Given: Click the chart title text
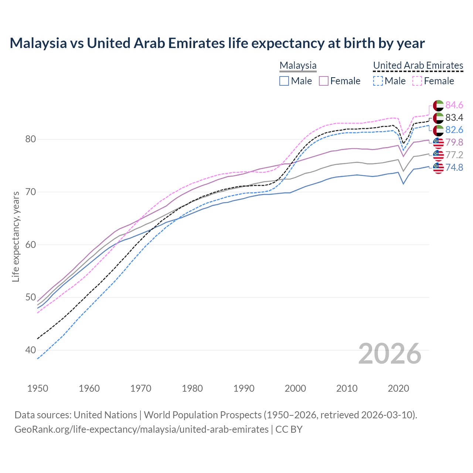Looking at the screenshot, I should click(x=217, y=43).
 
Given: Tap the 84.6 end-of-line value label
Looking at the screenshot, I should click(x=454, y=105).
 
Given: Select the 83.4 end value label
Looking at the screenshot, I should click(x=454, y=118).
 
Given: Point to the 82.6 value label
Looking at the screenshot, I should click(x=454, y=130).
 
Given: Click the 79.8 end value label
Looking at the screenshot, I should click(x=454, y=142).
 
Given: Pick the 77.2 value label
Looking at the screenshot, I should click(x=454, y=155).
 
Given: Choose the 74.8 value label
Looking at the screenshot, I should click(x=454, y=167).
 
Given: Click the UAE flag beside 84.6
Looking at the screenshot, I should click(x=438, y=105).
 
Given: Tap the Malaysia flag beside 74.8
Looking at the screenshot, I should click(x=438, y=168).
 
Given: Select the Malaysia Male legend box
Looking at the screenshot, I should click(x=284, y=81).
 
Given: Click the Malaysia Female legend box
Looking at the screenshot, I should click(x=324, y=81).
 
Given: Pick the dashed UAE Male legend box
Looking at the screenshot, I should click(x=378, y=81).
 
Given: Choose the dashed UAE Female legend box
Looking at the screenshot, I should click(x=417, y=81).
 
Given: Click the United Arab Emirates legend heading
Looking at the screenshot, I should click(x=418, y=65).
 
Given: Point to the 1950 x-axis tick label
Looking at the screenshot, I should click(x=38, y=388).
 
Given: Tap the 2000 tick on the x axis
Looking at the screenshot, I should click(x=295, y=388).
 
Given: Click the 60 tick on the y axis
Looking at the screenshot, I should click(x=30, y=245).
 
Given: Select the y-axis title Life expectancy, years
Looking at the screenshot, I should click(x=16, y=236).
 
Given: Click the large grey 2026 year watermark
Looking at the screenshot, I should click(x=390, y=354).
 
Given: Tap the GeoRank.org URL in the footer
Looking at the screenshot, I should click(x=142, y=429).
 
